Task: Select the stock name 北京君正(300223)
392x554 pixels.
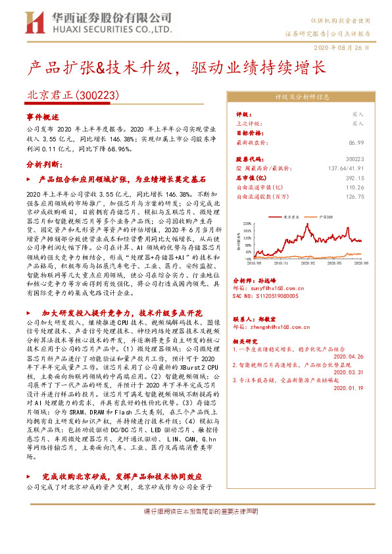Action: tap(72, 95)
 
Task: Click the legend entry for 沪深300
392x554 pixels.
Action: tap(326, 215)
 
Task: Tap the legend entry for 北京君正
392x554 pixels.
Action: tap(290, 215)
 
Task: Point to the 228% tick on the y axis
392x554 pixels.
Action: tap(248, 223)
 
